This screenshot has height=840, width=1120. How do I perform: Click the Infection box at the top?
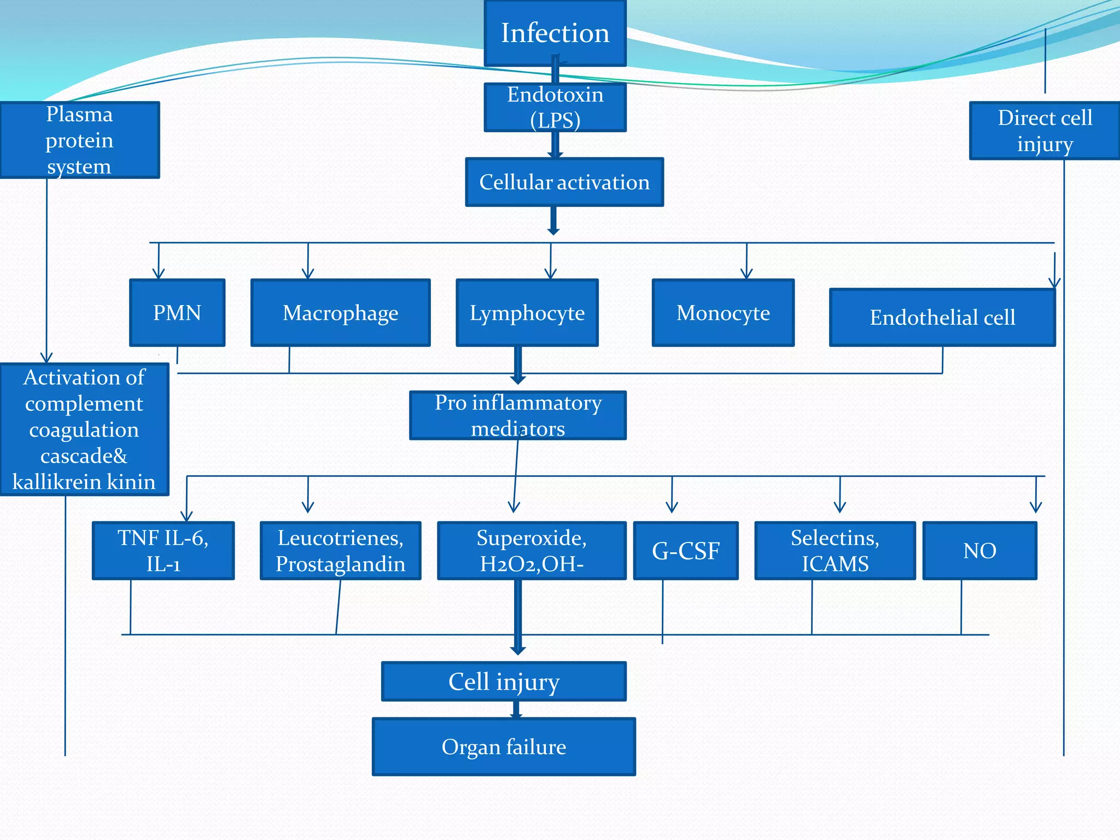[555, 33]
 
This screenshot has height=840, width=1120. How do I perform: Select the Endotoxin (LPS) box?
[555, 107]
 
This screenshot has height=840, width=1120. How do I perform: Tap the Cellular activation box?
[564, 182]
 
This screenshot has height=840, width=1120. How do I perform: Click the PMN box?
[177, 313]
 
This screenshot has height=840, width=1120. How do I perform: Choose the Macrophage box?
[340, 313]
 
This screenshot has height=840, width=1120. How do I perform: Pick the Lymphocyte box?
[527, 313]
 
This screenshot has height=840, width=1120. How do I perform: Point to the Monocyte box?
[723, 313]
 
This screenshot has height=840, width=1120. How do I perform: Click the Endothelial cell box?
[942, 318]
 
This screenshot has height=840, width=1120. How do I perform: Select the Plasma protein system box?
[80, 140]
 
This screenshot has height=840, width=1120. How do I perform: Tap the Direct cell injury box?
[1045, 131]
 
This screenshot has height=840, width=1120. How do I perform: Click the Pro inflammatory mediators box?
[518, 415]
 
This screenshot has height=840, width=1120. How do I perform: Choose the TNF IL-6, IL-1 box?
[163, 551]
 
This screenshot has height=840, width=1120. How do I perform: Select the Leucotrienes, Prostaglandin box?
[340, 551]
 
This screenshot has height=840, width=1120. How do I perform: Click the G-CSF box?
[686, 551]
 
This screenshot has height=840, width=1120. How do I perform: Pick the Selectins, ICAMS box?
[835, 551]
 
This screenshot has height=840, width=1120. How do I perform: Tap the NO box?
[979, 551]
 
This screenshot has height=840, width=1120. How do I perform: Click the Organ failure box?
[504, 746]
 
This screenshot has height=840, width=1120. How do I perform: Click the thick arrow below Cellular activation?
[553, 221]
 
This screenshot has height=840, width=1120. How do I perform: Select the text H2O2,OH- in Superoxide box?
[532, 564]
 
